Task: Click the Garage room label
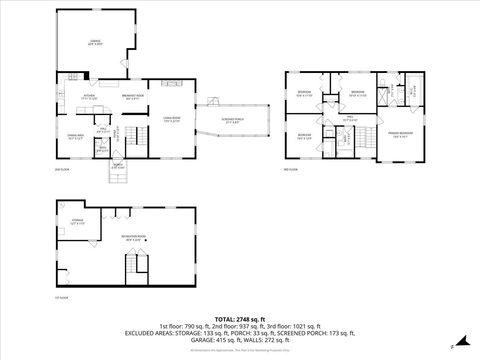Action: (94, 43)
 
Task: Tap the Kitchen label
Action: (88, 98)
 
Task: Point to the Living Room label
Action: (172, 120)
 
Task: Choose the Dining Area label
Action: (75, 137)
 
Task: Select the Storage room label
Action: (77, 223)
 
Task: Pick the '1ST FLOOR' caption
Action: (63, 298)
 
